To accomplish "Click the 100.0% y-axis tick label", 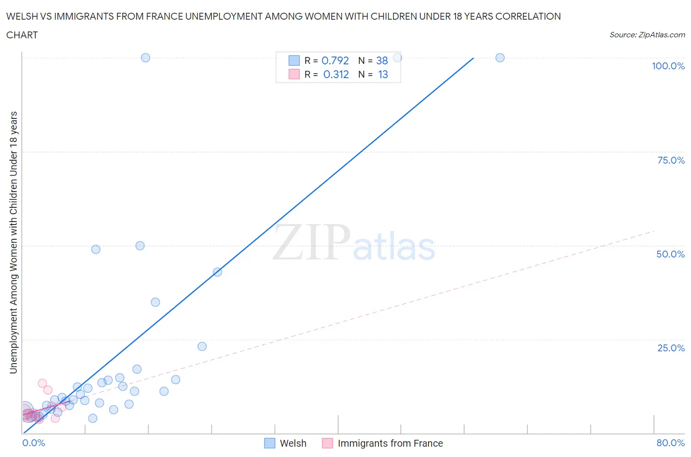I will point(668,66).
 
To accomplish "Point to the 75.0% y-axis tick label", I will point(671,160).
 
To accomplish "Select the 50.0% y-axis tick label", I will point(670,254).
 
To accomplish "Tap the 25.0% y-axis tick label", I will point(671,348).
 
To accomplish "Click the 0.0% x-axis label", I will point(33,443).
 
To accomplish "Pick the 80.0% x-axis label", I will point(670,443).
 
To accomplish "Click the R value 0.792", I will point(335,60).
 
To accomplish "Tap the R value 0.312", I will point(336,74).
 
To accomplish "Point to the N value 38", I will point(382,60).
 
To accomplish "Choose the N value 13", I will point(383,74).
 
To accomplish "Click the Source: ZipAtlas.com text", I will point(647,34).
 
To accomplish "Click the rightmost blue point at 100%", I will point(500,57).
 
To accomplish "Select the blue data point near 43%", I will point(217,272).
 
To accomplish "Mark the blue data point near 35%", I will point(155,302).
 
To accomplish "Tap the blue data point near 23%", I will point(202,346).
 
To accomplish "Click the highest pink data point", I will point(42,383).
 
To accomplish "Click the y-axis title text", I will point(13,242).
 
